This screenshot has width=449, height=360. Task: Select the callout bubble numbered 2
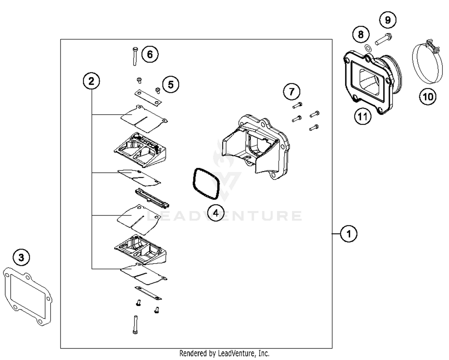pos(91,81)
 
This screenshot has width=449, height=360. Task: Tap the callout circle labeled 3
pos(21,257)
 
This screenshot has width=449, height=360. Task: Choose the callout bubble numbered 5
pos(171,84)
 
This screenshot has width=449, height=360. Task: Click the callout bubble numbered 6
pos(150,54)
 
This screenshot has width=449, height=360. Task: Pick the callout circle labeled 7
pos(292,91)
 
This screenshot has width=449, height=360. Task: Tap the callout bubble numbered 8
pos(361,34)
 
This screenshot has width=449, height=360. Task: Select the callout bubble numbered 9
pos(388,20)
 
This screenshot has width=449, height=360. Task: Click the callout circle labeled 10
pos(428,96)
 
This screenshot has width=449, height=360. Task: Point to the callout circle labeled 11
pos(362,116)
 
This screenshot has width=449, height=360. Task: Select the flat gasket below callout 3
pos(28,296)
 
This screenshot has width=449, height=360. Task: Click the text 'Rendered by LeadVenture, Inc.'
pos(224,353)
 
